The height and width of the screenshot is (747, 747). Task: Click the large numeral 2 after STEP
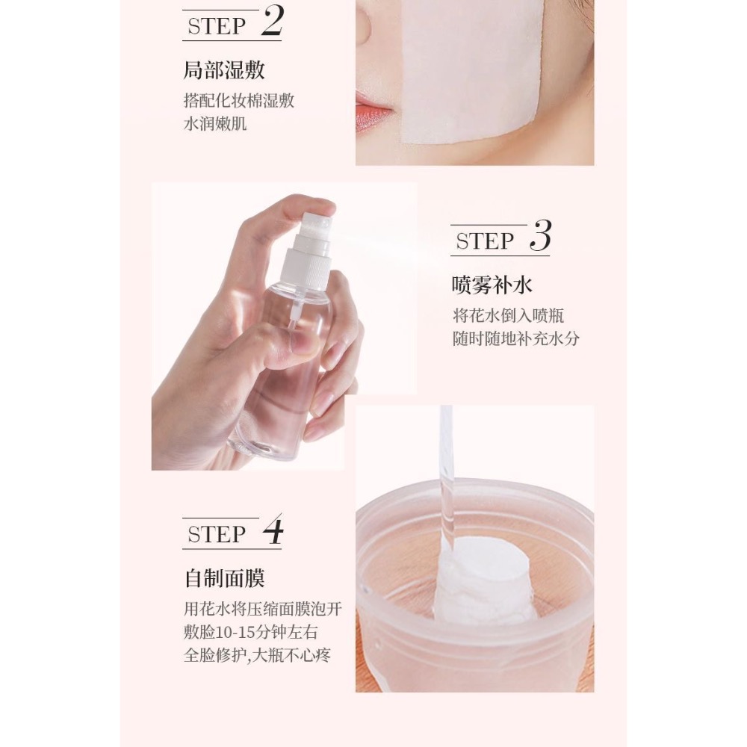[272, 23]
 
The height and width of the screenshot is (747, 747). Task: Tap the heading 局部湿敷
[224, 71]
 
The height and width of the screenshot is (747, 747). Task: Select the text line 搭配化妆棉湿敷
[239, 101]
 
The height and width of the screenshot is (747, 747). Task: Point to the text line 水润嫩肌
[215, 123]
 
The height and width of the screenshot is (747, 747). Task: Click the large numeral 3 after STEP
[539, 238]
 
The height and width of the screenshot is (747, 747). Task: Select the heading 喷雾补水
[492, 285]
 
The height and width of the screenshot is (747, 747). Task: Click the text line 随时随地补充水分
[515, 338]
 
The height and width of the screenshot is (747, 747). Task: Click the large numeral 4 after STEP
[273, 531]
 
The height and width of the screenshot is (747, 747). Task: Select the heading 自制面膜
[224, 579]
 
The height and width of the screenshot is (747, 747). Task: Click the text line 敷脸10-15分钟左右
[250, 632]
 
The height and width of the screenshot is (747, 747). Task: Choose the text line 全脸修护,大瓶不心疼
[258, 656]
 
